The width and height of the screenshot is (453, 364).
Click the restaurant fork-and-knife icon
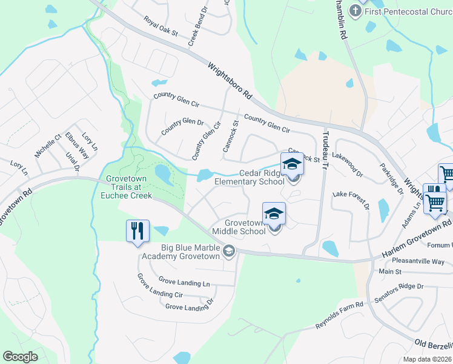pyautogui.click(x=137, y=231)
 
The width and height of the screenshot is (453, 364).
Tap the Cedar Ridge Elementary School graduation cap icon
pyautogui.click(x=291, y=164)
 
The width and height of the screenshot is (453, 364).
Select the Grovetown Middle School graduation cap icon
pyautogui.click(x=274, y=214)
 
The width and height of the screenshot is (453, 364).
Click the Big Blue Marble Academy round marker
pyautogui.click(x=229, y=251)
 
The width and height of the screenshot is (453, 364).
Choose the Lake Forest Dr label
pyautogui.click(x=351, y=199)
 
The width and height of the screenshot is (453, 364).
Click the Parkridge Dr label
pyautogui.click(x=391, y=179)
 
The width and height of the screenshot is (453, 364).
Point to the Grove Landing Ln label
pyautogui.click(x=184, y=282)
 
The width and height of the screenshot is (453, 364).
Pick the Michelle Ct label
pyautogui.click(x=48, y=146)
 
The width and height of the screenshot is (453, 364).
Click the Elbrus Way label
pyautogui.click(x=77, y=146)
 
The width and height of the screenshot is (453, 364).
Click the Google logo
pyautogui.click(x=20, y=357)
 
